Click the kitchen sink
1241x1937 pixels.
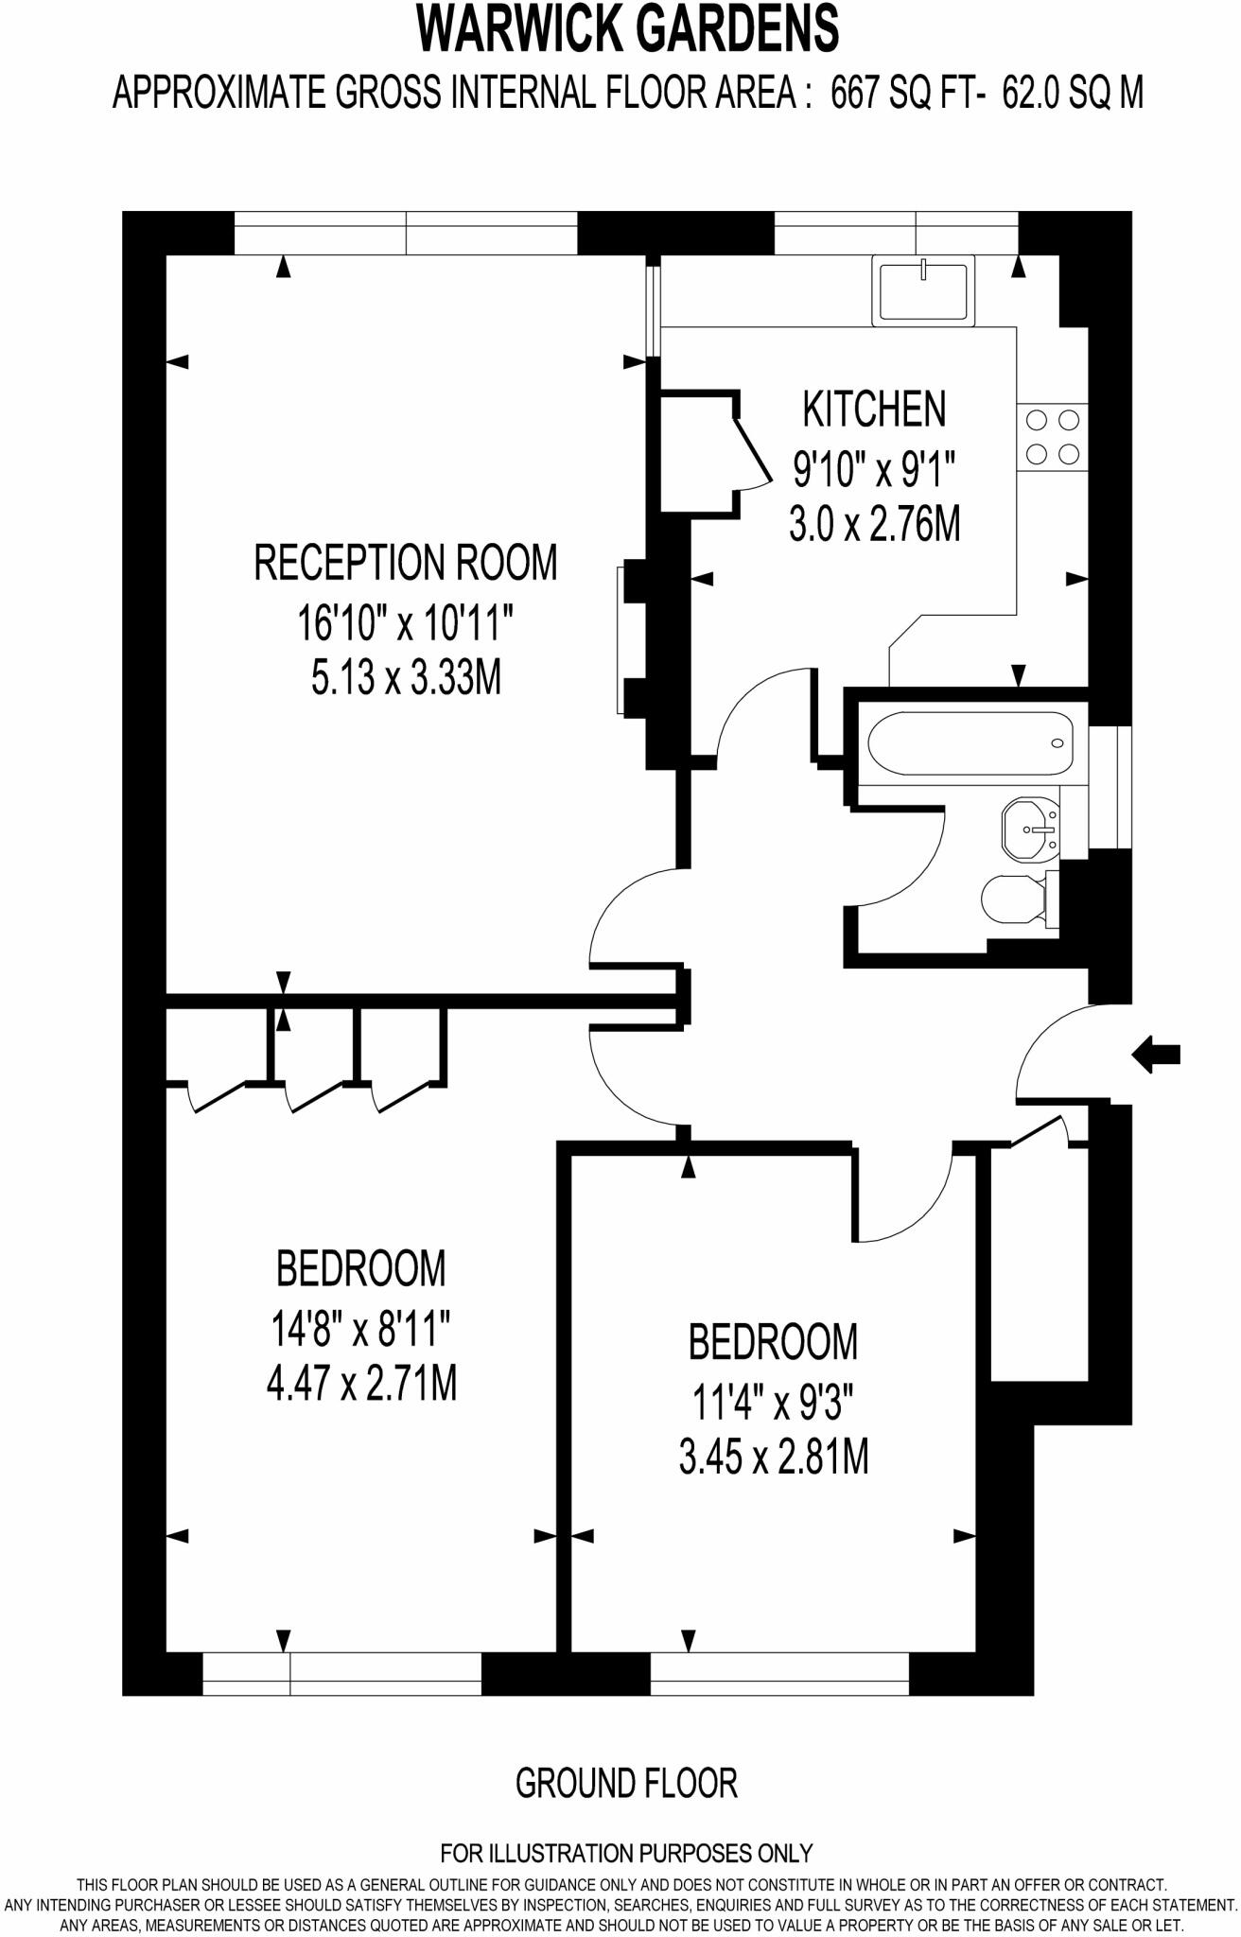point(922,291)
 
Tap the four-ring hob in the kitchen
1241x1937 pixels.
point(1053,437)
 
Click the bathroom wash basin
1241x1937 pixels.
point(1031,829)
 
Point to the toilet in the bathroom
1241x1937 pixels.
point(1017,899)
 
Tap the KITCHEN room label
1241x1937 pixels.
point(873,409)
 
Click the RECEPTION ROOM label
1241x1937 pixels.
point(406,562)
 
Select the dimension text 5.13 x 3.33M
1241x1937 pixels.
point(406,678)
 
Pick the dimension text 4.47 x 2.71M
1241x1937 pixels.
point(361,1386)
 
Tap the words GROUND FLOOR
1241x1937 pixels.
point(625,1783)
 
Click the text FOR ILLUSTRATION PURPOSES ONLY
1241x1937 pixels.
point(626,1852)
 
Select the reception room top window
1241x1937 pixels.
point(406,234)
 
